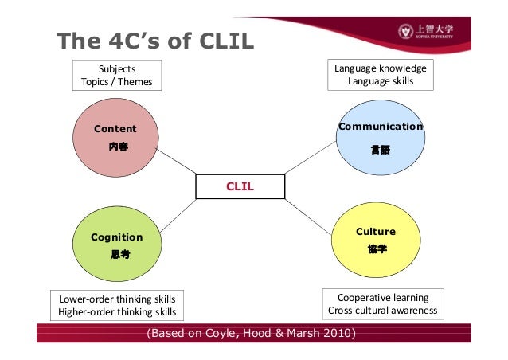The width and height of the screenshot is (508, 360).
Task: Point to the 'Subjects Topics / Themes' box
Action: pyautogui.click(x=116, y=75)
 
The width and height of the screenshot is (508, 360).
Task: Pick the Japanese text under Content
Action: pyautogui.click(x=118, y=147)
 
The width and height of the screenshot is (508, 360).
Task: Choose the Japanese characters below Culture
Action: pyautogui.click(x=377, y=249)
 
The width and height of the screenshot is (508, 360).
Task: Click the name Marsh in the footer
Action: pyautogui.click(x=299, y=331)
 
